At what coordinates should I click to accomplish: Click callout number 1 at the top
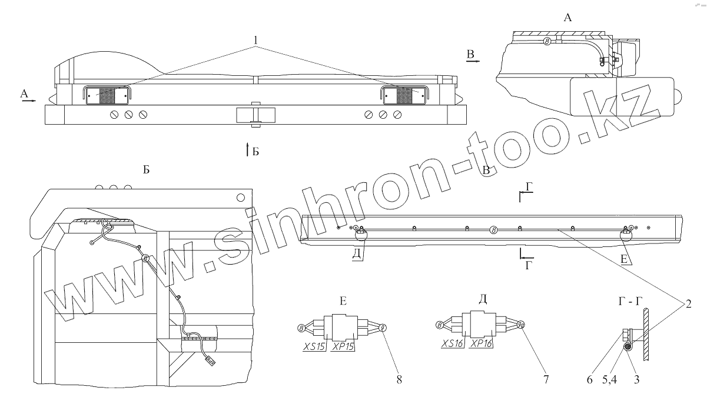(255, 39)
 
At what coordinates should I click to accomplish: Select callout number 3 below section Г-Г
(636, 380)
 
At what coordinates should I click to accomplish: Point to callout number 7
(546, 380)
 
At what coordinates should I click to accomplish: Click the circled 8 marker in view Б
(147, 258)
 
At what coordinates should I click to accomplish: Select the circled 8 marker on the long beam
(494, 230)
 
